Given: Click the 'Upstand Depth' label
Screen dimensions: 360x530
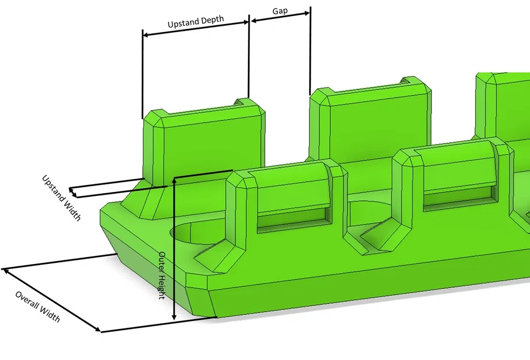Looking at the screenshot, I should tap(196, 24).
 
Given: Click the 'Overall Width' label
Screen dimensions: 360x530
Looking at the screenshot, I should tap(37, 306).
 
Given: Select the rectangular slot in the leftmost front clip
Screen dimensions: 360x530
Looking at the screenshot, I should tap(292, 220).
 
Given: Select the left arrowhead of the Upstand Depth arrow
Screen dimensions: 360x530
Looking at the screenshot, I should tap(146, 35).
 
